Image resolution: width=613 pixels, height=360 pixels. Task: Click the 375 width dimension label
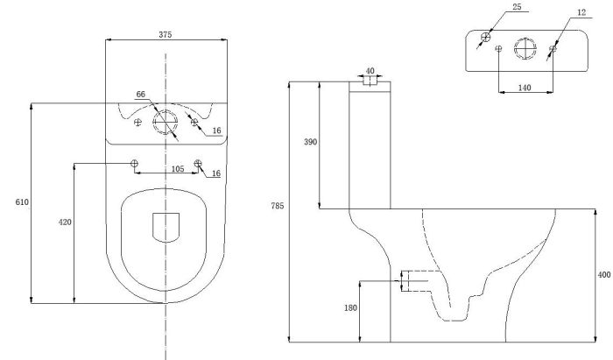tap(165, 34)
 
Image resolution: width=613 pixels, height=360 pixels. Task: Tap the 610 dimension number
tap(22, 202)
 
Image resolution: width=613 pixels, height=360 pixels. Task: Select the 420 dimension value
tap(65, 222)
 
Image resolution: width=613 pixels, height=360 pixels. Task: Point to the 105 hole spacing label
tap(178, 169)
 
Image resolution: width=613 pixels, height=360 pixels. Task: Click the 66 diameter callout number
tap(141, 95)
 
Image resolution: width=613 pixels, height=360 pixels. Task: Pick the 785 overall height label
tap(278, 206)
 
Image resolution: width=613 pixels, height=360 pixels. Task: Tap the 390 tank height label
tap(310, 142)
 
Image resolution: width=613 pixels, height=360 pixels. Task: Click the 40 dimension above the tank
tap(370, 71)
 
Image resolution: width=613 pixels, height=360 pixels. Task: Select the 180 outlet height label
tap(350, 308)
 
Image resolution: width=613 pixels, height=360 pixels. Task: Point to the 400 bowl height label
tap(604, 275)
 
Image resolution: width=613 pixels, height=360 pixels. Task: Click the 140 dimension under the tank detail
tap(525, 88)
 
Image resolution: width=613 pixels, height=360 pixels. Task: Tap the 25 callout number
tap(517, 7)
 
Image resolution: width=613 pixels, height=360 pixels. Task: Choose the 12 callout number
tap(581, 12)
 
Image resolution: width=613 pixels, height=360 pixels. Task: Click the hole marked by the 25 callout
tap(485, 37)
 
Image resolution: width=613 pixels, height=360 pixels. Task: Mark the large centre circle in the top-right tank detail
tap(525, 49)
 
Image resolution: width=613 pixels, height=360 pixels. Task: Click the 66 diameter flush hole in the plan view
tap(166, 122)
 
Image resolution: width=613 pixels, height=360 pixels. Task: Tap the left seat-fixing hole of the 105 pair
tap(134, 164)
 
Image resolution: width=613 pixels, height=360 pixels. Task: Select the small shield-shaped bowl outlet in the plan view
tap(166, 228)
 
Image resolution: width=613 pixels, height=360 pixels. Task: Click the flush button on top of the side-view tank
tap(370, 81)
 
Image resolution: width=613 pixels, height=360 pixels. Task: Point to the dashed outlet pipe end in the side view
tap(405, 281)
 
